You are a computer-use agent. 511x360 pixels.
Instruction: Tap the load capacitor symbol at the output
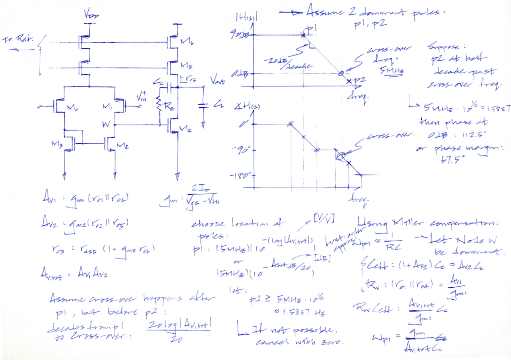[x=204, y=106]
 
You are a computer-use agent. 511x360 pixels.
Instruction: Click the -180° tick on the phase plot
[x=242, y=175]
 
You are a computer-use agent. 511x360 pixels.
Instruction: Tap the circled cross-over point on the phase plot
[x=340, y=156]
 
